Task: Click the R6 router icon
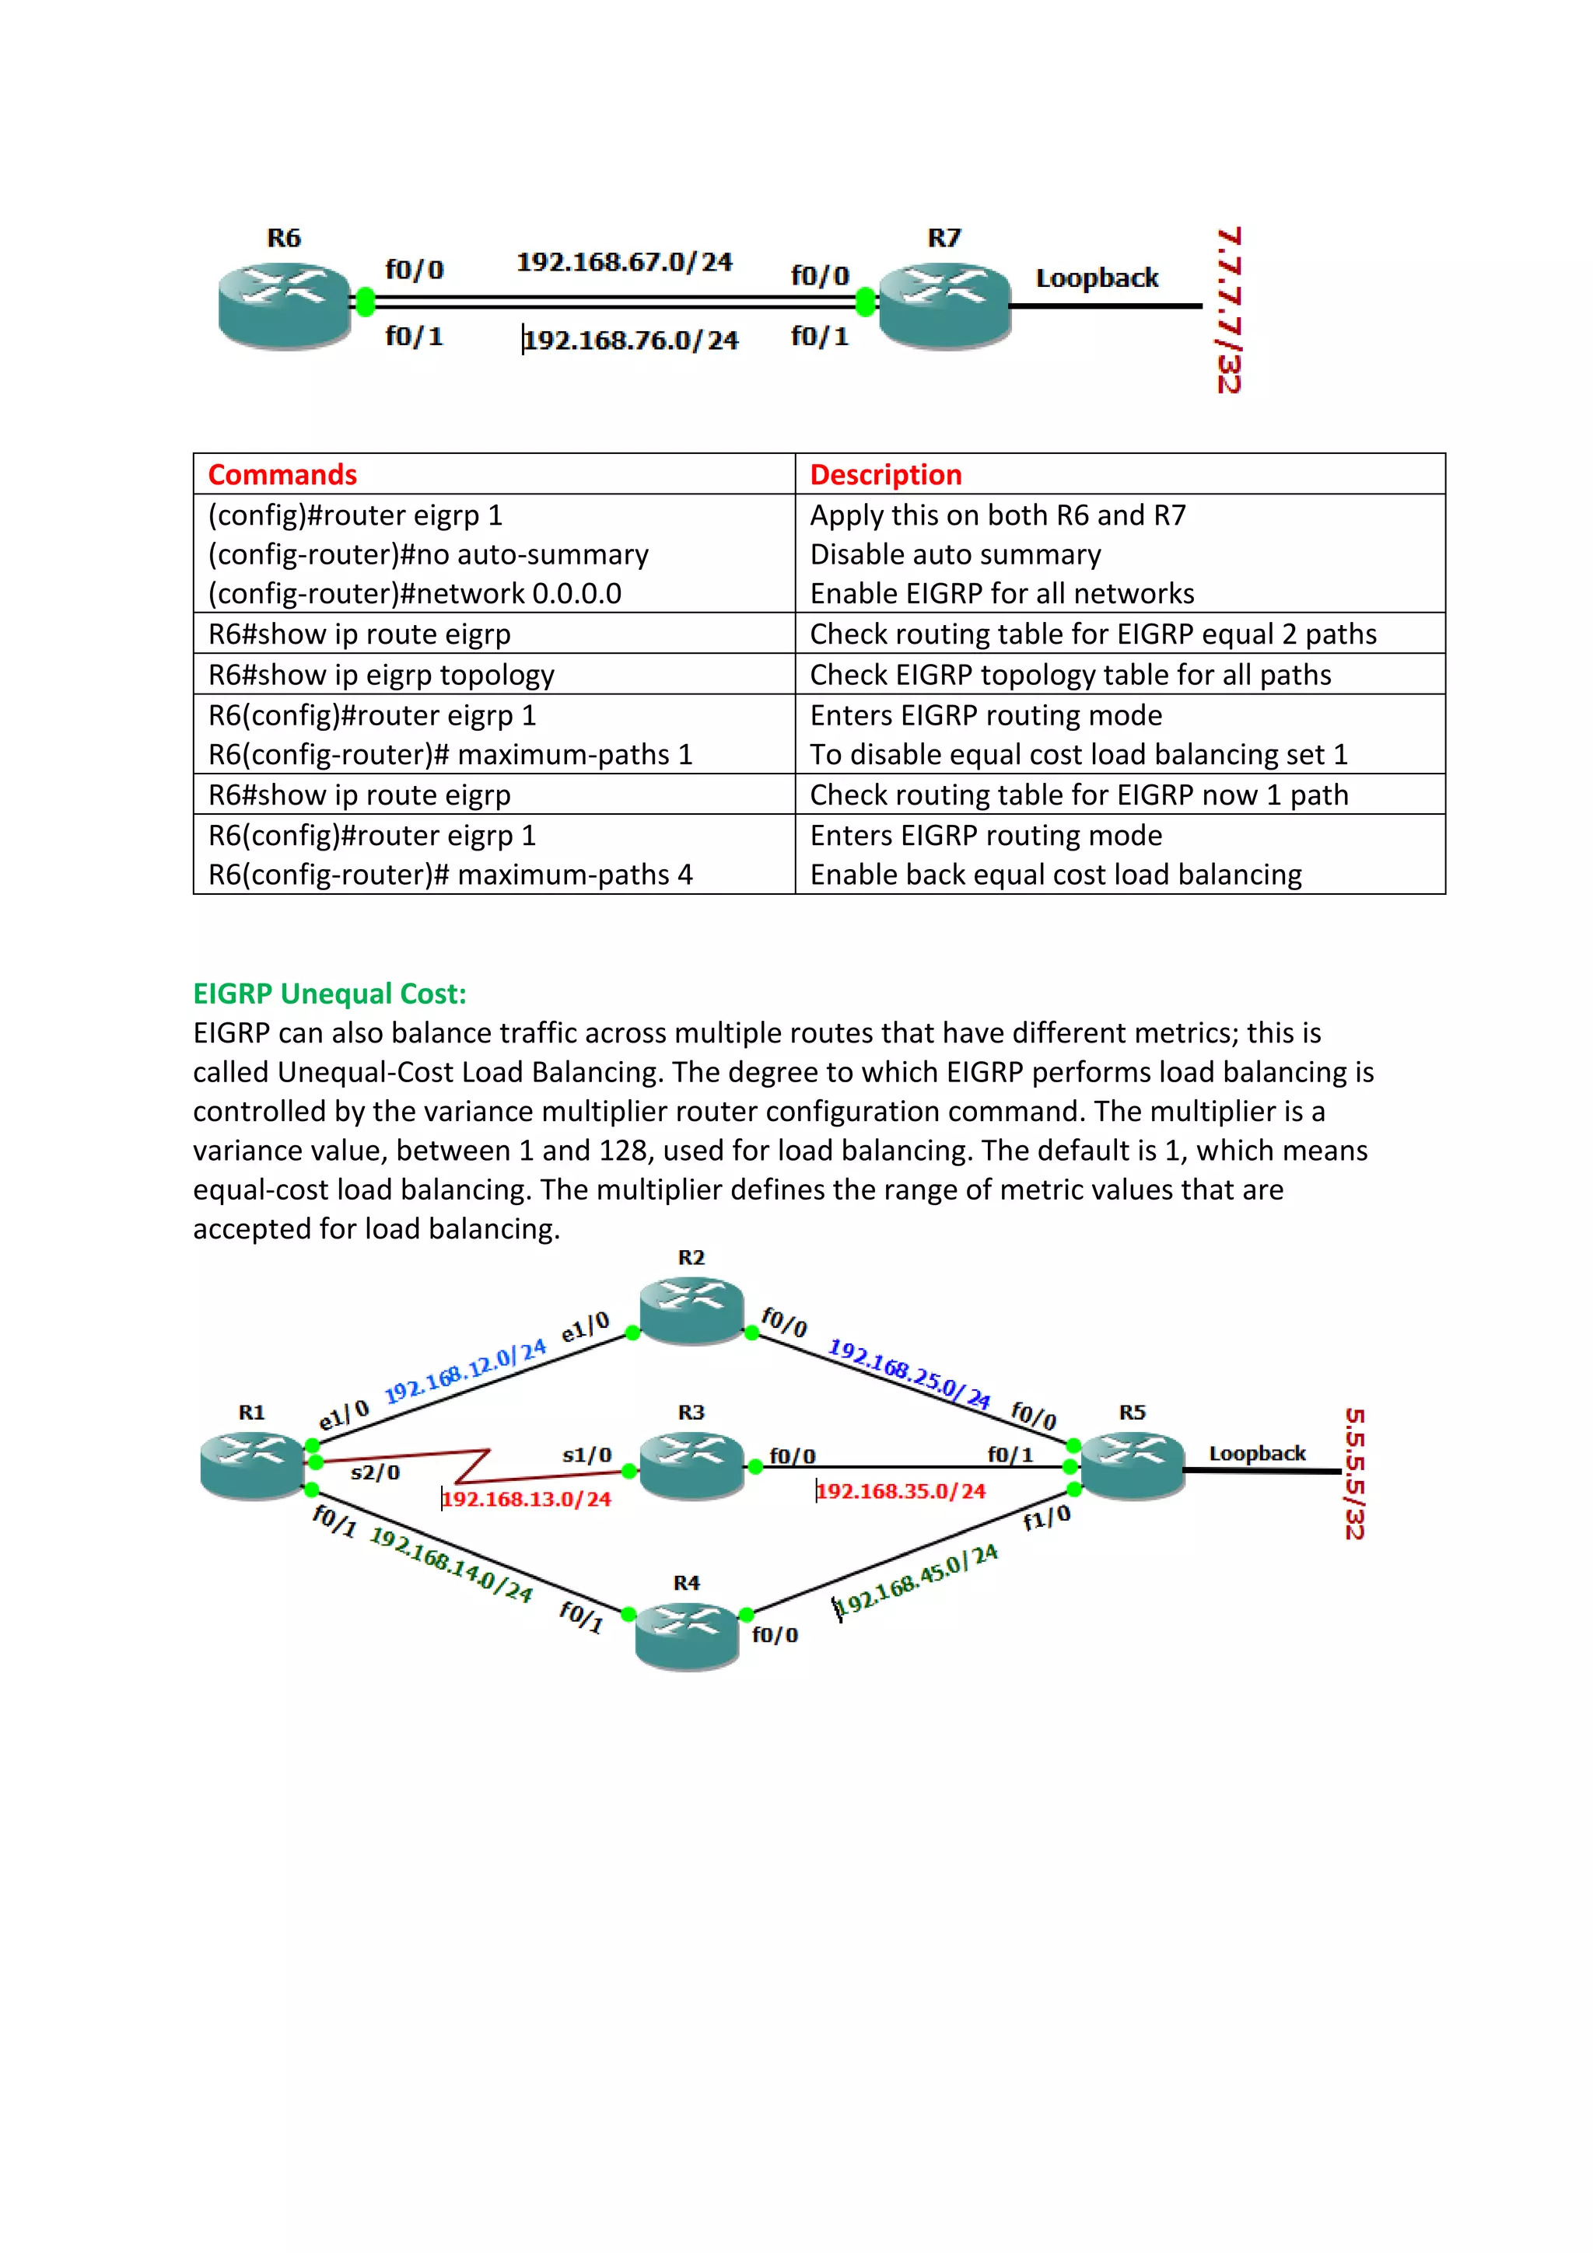[x=284, y=306]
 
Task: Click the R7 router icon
[x=944, y=306]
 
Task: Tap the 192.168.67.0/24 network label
[x=625, y=262]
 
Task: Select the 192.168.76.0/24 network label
[x=630, y=341]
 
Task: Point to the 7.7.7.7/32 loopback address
[x=1229, y=310]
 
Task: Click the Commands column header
[x=282, y=475]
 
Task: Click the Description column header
[x=885, y=475]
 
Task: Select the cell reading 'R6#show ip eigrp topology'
[x=382, y=675]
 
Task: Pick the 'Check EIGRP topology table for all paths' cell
[x=1070, y=675]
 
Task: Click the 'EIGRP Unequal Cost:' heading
[x=330, y=994]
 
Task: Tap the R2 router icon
[x=692, y=1310]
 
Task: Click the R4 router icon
[x=687, y=1635]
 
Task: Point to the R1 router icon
[x=252, y=1465]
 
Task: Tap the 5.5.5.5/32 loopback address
[x=1354, y=1474]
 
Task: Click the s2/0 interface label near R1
[x=375, y=1472]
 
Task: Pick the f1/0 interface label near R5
[x=1046, y=1519]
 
